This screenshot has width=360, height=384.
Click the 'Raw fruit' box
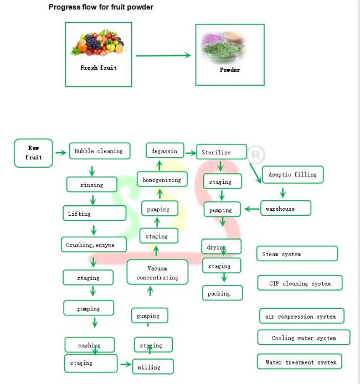coord(33,153)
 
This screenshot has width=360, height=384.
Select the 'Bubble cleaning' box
coord(100,151)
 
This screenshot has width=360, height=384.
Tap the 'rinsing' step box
coord(92,184)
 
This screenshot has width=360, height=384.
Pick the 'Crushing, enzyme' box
coord(94,245)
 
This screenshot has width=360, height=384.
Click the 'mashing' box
coord(90,345)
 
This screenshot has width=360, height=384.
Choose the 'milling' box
coord(153,367)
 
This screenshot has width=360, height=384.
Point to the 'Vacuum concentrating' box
coord(158,272)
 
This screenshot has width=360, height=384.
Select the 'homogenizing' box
coord(162,179)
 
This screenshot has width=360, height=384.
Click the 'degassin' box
coord(165,151)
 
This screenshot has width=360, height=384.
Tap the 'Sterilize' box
coord(222,152)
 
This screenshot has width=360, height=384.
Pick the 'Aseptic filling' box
coord(293,175)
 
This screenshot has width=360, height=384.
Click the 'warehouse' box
coord(286,208)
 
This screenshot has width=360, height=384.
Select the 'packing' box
coord(223,293)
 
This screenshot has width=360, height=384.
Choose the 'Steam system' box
coord(297,254)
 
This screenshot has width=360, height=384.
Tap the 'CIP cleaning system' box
coord(300,283)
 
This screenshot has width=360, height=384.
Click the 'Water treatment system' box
coord(300,361)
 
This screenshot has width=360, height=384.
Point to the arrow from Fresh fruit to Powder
coord(163,55)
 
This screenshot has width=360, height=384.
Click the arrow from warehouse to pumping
coord(252,209)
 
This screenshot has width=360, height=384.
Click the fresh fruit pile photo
coord(98,43)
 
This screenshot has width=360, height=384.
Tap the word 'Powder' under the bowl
coord(230,70)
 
